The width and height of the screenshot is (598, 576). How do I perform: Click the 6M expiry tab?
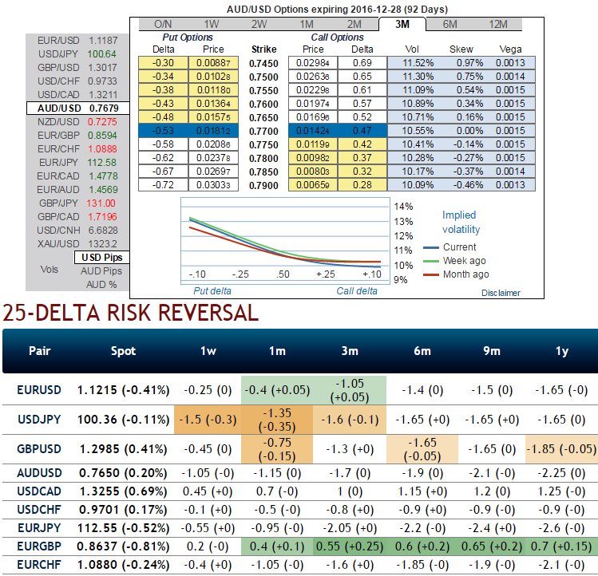(449, 24)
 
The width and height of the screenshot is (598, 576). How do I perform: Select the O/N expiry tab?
(163, 24)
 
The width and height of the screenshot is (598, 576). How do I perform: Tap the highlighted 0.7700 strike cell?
(263, 130)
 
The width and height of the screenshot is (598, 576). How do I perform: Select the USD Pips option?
(102, 258)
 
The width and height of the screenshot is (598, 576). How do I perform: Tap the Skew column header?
(461, 49)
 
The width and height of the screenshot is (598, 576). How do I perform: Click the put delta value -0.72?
(164, 185)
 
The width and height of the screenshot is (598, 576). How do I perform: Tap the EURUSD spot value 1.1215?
(99, 390)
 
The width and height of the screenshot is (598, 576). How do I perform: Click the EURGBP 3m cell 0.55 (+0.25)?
(350, 546)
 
